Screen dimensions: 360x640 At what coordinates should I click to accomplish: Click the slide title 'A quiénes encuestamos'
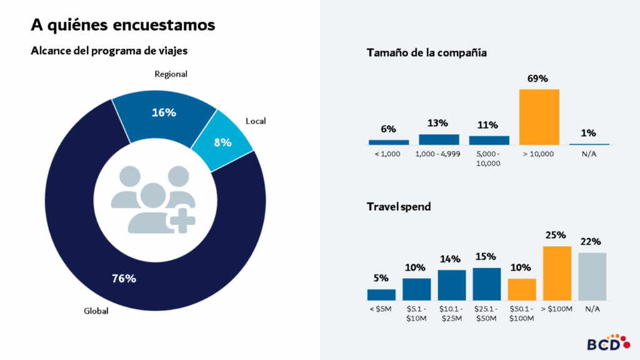tap(123, 25)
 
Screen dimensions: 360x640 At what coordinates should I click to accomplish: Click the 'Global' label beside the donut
tap(96, 311)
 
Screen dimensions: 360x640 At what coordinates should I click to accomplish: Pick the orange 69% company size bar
tap(539, 117)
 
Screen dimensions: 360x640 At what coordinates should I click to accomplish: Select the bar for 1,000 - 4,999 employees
tap(439, 139)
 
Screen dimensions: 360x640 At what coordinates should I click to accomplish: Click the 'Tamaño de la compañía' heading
tap(426, 53)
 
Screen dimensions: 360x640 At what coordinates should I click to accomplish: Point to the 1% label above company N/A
tap(588, 133)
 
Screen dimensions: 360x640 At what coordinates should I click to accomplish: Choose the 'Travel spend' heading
tap(398, 207)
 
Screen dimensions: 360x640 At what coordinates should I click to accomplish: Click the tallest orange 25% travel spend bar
tap(556, 273)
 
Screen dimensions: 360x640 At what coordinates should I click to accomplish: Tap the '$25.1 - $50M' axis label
tap(486, 314)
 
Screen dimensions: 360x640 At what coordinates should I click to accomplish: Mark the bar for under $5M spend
tap(381, 294)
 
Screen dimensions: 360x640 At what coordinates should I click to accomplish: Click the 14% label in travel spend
tap(451, 259)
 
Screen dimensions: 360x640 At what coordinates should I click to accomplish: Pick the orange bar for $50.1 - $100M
tap(521, 289)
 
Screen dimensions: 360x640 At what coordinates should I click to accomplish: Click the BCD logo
tap(604, 342)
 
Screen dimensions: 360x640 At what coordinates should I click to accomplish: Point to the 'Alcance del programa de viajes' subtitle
tap(109, 51)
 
